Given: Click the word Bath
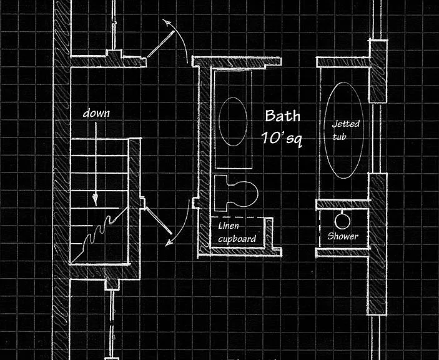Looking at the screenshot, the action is [282, 116].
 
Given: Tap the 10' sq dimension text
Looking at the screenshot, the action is [282, 138].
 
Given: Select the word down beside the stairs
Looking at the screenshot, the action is [96, 113].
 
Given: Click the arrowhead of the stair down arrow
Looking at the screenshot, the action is [96, 200].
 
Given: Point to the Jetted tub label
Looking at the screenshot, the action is [345, 130].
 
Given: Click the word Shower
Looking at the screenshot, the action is [343, 236].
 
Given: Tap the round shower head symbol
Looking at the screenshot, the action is [342, 221].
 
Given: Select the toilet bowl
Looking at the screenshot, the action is [243, 194].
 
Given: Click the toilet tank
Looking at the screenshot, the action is [221, 193].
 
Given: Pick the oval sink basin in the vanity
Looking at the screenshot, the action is [233, 122].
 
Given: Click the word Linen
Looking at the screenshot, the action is [229, 226].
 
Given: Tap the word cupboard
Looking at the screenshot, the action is [237, 239].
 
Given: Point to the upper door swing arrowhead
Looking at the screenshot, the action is [167, 22].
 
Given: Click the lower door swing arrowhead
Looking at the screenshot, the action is [169, 242].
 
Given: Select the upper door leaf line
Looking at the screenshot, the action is [160, 44].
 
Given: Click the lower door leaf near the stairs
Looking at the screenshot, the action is [158, 221].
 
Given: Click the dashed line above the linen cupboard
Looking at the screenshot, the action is [237, 217].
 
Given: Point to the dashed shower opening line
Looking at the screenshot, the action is [320, 228].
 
